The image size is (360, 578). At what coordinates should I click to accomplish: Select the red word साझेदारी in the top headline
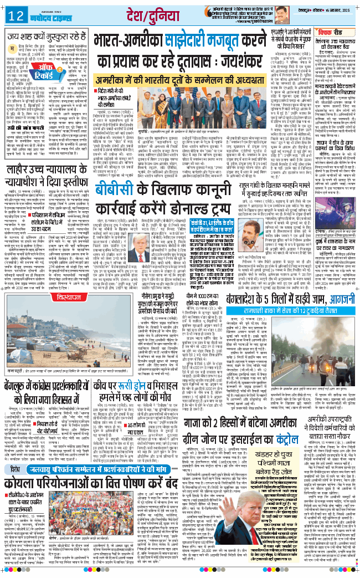pyautogui.click(x=188, y=42)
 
